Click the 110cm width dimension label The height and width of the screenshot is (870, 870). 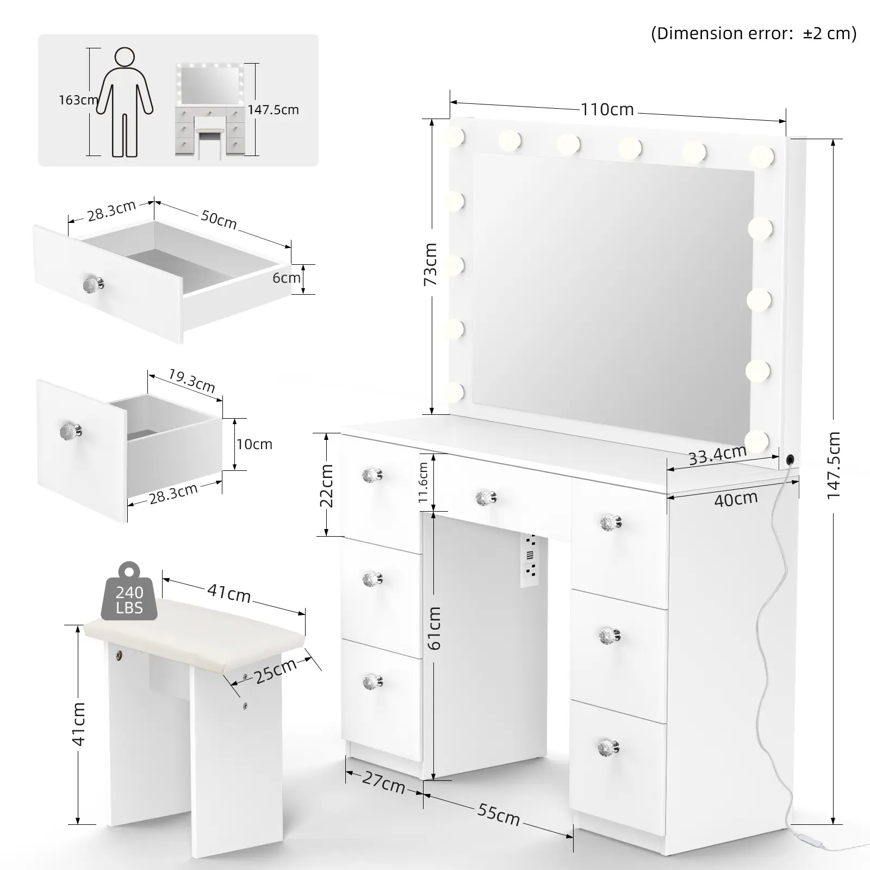click(607, 110)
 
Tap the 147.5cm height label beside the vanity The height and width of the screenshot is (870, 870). click(834, 465)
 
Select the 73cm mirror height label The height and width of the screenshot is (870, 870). click(430, 264)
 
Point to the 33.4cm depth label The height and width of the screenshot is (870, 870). click(717, 455)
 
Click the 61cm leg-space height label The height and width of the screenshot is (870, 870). click(434, 629)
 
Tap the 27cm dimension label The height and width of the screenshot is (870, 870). click(383, 782)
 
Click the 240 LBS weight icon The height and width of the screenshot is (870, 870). click(129, 592)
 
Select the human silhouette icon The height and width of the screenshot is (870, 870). click(125, 103)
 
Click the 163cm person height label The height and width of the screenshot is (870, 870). click(78, 100)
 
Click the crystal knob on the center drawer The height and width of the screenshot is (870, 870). click(486, 498)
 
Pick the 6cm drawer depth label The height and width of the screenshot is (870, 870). click(287, 278)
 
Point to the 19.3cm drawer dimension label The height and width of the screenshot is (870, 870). click(191, 381)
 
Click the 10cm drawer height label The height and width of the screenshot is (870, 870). click(254, 444)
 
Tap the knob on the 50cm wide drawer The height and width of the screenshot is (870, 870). click(93, 284)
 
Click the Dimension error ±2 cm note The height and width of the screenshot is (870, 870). click(754, 34)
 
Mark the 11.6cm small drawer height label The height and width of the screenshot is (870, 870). click(424, 483)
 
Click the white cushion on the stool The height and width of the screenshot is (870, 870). click(195, 629)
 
